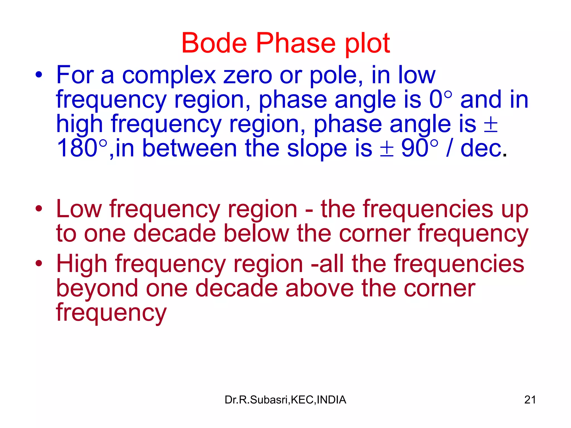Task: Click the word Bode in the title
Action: pos(214,43)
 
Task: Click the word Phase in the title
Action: pos(296,43)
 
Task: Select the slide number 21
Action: pos(530,400)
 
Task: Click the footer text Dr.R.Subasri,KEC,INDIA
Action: pos(285,400)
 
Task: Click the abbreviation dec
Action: pos(481,148)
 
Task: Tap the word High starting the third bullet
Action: pos(82,264)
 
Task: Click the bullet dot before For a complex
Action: pos(39,75)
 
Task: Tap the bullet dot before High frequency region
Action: pos(39,263)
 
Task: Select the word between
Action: pos(190,148)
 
